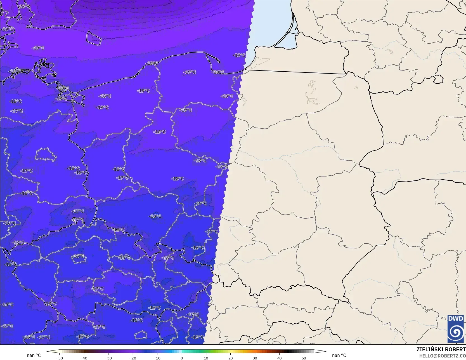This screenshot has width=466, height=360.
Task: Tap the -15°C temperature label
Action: click(x=197, y=337)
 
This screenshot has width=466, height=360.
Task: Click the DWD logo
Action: click(x=456, y=329)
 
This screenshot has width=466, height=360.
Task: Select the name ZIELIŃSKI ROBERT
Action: click(x=441, y=349)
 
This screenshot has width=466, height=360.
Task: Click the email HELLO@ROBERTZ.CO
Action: click(x=442, y=355)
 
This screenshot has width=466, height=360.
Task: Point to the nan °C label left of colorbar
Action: click(x=34, y=355)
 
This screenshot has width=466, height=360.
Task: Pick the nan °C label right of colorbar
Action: click(x=339, y=355)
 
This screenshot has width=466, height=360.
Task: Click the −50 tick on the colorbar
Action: click(x=59, y=358)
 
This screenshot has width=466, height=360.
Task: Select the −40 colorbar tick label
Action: click(x=84, y=358)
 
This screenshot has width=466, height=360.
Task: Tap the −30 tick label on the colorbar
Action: click(x=108, y=358)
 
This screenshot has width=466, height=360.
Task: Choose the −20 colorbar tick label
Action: click(x=133, y=358)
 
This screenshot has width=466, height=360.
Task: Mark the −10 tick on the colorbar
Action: click(x=157, y=358)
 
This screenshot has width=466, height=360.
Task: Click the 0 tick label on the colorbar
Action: click(x=182, y=358)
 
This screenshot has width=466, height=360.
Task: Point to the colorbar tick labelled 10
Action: click(x=206, y=358)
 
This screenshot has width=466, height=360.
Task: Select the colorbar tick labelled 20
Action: click(x=230, y=358)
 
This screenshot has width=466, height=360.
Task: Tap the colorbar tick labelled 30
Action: click(x=255, y=358)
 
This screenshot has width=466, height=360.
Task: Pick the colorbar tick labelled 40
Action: click(x=279, y=358)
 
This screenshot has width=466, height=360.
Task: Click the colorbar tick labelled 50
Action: click(x=304, y=358)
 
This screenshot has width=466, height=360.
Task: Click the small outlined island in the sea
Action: click(x=93, y=38)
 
